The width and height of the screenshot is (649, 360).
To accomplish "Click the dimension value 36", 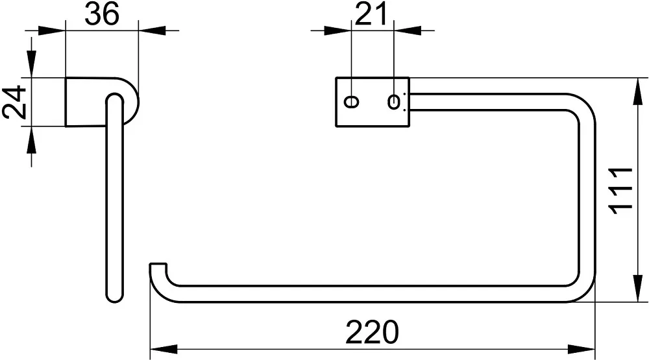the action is point(102,13).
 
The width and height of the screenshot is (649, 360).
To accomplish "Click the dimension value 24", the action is point(14,102).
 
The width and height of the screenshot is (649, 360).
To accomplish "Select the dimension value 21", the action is point(371,13).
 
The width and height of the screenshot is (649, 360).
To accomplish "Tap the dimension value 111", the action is point(621,191).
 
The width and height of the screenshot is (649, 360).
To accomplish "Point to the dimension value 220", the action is point(372,332).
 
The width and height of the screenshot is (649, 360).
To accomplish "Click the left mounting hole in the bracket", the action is point(352,101).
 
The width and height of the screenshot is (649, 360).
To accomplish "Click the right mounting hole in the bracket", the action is point(394,101).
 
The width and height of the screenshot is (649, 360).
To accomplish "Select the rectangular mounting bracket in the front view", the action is point(372,101).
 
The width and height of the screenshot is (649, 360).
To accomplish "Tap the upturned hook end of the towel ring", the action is point(158,269).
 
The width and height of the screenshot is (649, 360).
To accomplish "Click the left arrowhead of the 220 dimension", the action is point(164,349).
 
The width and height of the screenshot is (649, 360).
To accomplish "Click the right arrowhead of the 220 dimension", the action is point(582,349).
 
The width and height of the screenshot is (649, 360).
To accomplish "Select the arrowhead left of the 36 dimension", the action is point(52,30).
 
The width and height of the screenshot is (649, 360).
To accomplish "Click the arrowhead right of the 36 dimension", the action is point(152,30).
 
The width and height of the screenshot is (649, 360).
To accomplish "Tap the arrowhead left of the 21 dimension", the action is point(337,30).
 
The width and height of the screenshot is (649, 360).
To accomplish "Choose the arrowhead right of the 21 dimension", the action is point(408,30).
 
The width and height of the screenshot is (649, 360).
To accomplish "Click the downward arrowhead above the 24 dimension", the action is point(31,64).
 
